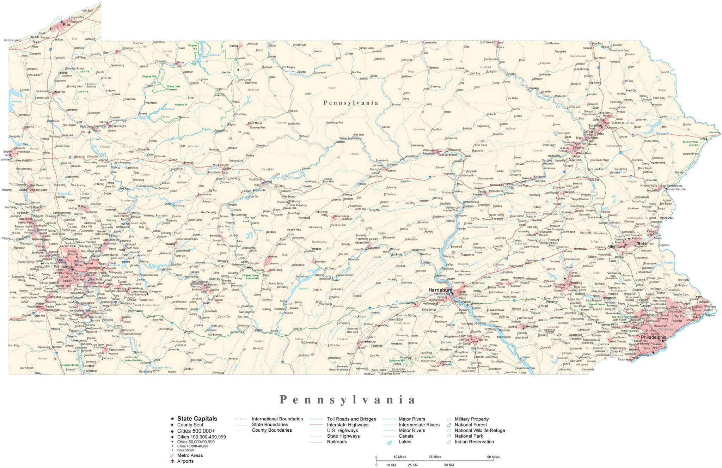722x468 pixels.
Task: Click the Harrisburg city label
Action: pos(440,290)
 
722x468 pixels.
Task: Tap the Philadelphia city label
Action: pos(653,337)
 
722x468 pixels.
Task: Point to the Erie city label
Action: pos(66,25)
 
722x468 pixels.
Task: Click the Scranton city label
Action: pos(595,125)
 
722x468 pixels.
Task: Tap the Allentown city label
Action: pos(616,247)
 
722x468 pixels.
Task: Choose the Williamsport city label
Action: pos(430,151)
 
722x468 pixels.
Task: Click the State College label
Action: pos(341,216)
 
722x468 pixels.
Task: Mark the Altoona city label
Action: pos(273,256)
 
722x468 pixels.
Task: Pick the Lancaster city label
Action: pos(530,326)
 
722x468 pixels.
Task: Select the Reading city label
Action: pos(576,282)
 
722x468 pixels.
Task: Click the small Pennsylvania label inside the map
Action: pos(351,103)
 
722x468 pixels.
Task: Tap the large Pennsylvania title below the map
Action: pos(347,400)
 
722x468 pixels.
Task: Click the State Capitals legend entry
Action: pos(197,419)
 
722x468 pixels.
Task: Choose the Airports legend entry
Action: pos(185,461)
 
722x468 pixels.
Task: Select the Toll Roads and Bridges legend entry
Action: pos(351,419)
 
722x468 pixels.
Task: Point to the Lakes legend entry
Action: pos(405,442)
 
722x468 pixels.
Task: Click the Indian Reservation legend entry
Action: pos(474,442)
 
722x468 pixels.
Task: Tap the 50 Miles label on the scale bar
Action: pos(493,457)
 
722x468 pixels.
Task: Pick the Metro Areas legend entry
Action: pos(190,455)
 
